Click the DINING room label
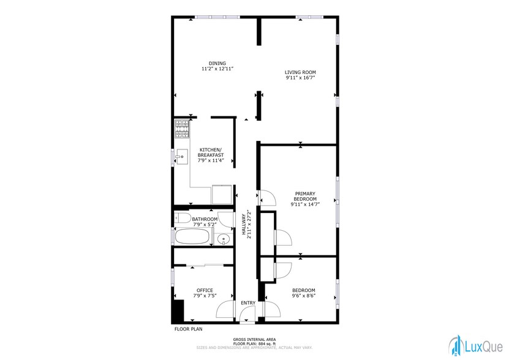217,63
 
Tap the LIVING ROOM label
300,72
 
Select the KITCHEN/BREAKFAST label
211,152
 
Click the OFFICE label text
205,290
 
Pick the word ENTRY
248,303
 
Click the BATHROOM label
205,219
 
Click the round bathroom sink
225,239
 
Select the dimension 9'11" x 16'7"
300,78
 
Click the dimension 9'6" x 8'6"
303,296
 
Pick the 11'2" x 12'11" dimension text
217,69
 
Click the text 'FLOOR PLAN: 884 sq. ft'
254,343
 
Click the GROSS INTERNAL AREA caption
254,339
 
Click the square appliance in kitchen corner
221,193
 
